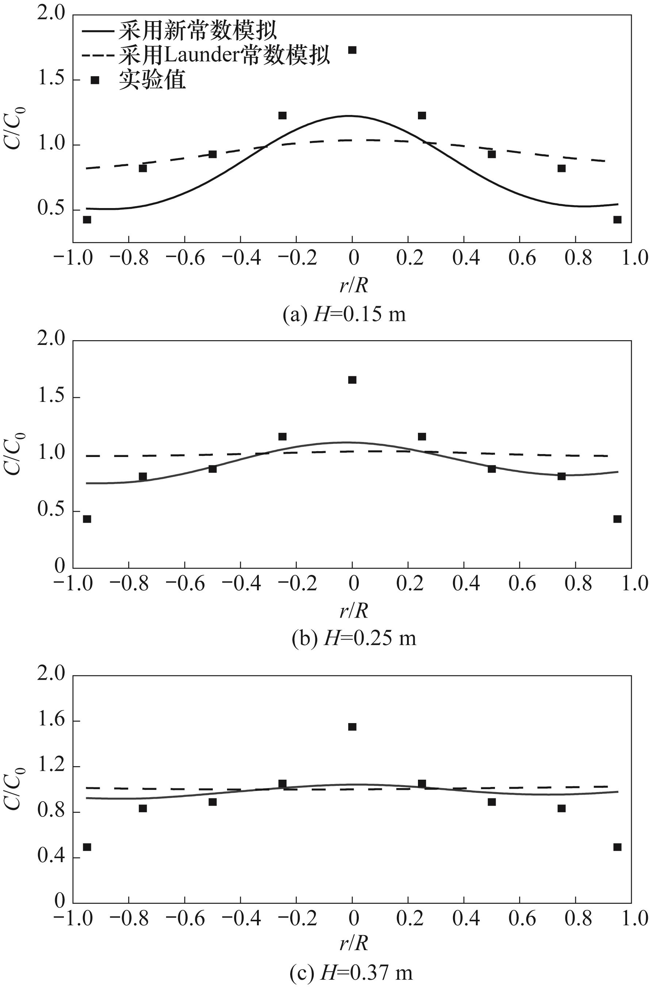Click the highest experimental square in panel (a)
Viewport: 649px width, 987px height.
352,50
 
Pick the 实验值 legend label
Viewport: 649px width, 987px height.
152,80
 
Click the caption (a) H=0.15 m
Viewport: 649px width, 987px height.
344,315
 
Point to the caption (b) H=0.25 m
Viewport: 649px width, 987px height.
354,638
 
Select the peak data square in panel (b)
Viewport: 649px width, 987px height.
352,380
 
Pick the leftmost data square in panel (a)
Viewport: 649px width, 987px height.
87,220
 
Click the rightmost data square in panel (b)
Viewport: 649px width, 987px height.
617,519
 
